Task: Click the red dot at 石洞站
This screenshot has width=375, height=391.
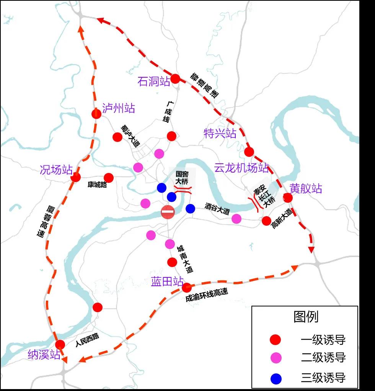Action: [175, 79]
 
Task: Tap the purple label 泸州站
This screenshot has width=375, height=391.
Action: [119, 108]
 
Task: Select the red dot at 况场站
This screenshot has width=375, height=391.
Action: [76, 177]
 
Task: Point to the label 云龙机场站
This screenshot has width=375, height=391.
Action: [241, 168]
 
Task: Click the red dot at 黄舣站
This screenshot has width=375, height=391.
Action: [288, 198]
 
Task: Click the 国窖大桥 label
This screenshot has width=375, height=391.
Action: [182, 178]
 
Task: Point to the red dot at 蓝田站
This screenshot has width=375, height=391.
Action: [186, 287]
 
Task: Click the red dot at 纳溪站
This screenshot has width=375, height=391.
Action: [60, 344]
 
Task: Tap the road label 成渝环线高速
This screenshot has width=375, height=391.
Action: [207, 295]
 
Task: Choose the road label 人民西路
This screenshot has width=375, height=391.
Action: [87, 340]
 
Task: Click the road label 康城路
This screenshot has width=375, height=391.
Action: [97, 185]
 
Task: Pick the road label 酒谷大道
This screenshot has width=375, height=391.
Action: [217, 208]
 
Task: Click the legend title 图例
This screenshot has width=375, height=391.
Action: [306, 316]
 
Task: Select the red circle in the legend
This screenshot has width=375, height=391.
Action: [276, 340]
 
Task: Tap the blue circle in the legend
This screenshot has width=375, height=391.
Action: [276, 378]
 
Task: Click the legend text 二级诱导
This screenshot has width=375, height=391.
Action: [323, 358]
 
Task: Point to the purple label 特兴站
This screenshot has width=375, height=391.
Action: [220, 134]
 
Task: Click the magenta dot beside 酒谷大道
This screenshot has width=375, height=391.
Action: [236, 218]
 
